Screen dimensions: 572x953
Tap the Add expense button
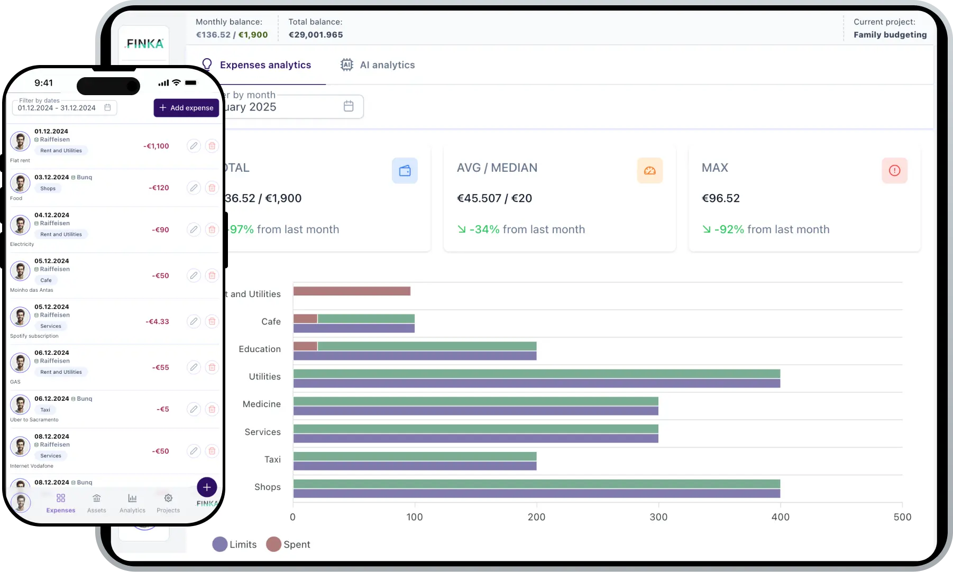point(186,108)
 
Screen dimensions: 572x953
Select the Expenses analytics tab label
point(265,65)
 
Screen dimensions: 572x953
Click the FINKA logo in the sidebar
point(144,44)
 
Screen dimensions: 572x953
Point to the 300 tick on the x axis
point(658,517)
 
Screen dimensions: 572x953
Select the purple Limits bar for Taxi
point(415,466)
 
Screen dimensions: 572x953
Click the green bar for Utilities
point(536,374)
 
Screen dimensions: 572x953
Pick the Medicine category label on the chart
point(262,404)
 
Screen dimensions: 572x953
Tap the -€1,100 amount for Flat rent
point(156,146)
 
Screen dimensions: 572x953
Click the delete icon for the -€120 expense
point(212,188)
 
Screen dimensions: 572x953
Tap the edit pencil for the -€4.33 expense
point(194,321)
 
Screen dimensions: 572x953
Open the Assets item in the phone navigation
point(96,503)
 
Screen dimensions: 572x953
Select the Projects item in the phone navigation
point(168,503)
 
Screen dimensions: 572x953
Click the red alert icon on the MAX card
point(894,171)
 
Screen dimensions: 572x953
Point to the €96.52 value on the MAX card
point(720,198)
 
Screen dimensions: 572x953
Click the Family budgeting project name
point(890,35)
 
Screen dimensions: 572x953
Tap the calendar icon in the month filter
point(349,106)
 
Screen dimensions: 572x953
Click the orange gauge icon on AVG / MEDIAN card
point(649,171)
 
